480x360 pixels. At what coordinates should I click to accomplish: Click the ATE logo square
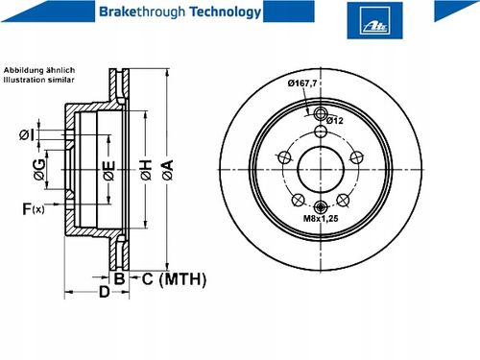(374, 20)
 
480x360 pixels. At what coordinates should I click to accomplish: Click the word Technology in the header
(226, 12)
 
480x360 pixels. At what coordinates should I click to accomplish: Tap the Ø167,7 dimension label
(302, 84)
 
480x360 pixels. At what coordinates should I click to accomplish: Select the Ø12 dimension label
(335, 121)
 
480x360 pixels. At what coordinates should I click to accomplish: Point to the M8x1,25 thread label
(321, 219)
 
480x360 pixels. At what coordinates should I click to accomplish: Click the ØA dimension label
(168, 170)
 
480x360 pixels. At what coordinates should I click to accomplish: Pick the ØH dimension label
(146, 170)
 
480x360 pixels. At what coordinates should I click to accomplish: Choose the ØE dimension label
(109, 171)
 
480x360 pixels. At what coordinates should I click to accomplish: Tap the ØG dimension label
(39, 170)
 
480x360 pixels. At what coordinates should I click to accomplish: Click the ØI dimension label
(26, 134)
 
